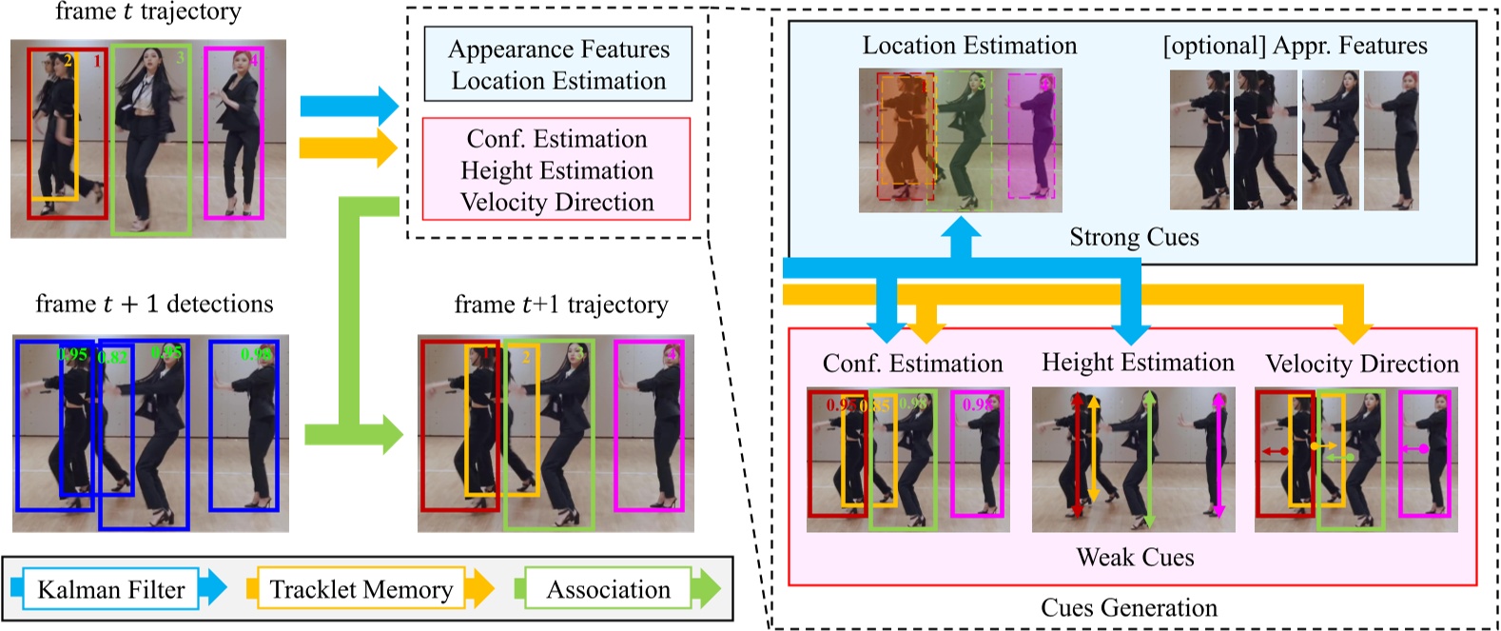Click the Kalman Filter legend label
(110, 590)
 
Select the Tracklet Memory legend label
(361, 590)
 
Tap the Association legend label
(608, 590)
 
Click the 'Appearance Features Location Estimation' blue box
(558, 65)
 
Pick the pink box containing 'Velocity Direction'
(556, 170)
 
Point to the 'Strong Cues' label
(1134, 237)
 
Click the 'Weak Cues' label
(1135, 558)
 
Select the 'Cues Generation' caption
(1129, 608)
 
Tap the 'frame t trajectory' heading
(148, 12)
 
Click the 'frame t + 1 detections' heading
(154, 304)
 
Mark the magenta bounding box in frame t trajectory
(234, 133)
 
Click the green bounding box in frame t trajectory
(151, 139)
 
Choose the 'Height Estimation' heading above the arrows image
(1138, 363)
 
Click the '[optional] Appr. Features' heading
(1295, 46)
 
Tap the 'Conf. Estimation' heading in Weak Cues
(912, 364)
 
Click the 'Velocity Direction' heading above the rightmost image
(1361, 364)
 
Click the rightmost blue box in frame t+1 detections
(244, 424)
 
